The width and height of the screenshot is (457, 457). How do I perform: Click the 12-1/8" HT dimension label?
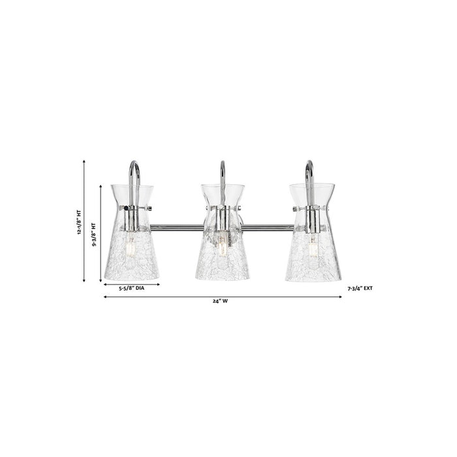pos(78,223)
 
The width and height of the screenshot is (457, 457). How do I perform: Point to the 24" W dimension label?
pos(223,301)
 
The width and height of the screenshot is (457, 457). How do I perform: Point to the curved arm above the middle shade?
pos(223,171)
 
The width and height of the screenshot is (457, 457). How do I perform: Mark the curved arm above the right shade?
pos(309,171)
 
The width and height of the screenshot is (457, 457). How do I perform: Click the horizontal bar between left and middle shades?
pos(176,227)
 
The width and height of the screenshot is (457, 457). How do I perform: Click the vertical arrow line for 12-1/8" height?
pos(85,222)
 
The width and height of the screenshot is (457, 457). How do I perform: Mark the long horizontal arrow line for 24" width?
pos(223,296)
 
